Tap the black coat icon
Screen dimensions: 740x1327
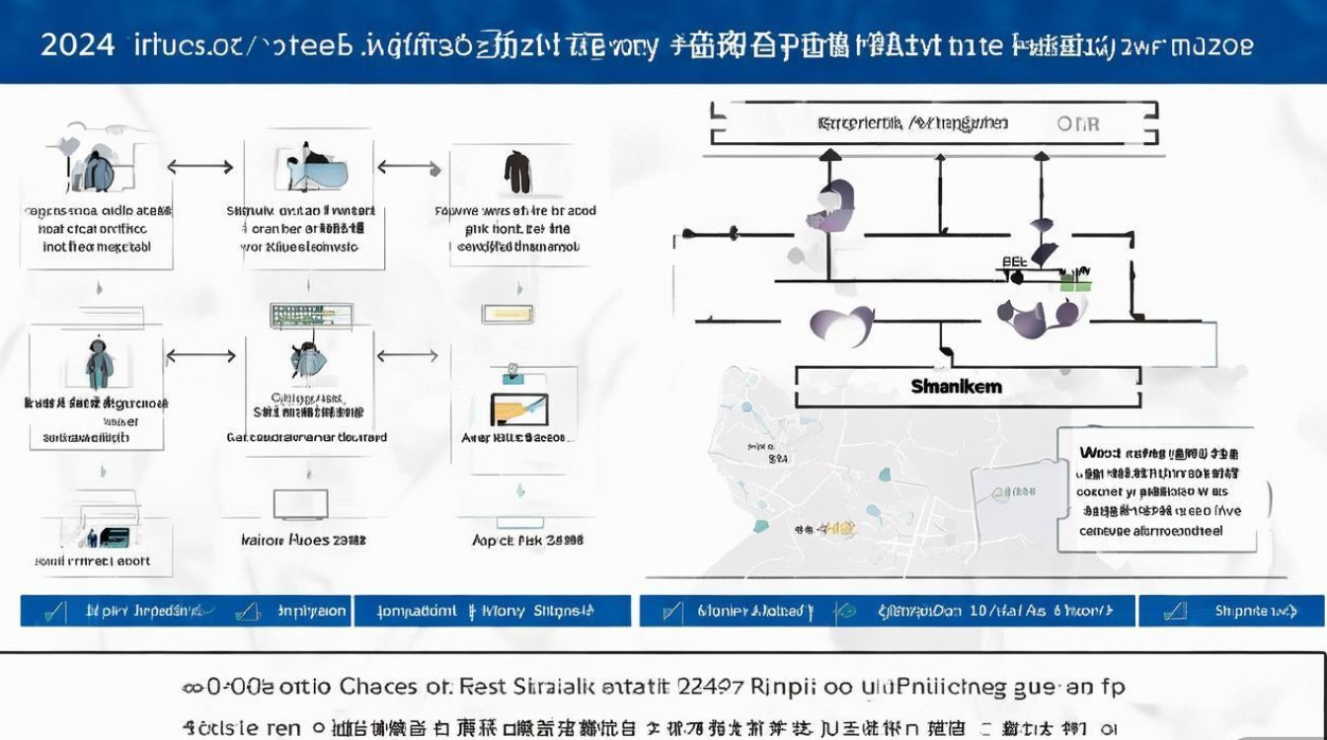pyautogui.click(x=517, y=172)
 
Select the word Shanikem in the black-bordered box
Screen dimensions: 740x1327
pyautogui.click(x=956, y=387)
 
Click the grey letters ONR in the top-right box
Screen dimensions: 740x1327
pyautogui.click(x=1077, y=124)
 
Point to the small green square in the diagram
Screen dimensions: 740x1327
pyautogui.click(x=1075, y=283)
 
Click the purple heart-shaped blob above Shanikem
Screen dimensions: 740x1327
pyautogui.click(x=841, y=326)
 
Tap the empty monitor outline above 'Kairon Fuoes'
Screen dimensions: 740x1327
pyautogui.click(x=300, y=504)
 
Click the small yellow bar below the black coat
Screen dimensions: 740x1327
pyautogui.click(x=507, y=314)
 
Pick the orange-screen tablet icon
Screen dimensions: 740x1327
pyautogui.click(x=518, y=408)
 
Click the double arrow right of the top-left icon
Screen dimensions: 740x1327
pyautogui.click(x=200, y=167)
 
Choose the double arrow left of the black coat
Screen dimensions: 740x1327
pyautogui.click(x=408, y=167)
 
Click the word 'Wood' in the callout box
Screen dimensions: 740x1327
pyautogui.click(x=1100, y=453)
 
